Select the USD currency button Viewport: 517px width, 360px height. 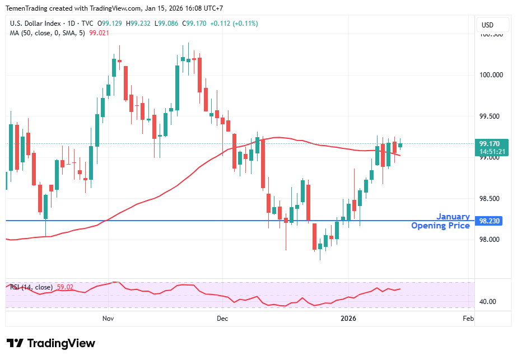[x=488, y=25]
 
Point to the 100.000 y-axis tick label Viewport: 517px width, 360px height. [x=491, y=75]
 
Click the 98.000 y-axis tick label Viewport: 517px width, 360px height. [x=491, y=240]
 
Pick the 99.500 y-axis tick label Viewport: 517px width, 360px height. [x=491, y=116]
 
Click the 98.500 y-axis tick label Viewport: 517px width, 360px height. [x=491, y=199]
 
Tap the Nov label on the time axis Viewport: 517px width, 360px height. [x=109, y=319]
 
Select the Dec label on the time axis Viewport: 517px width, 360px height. [x=222, y=319]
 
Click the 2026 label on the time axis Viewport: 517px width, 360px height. [x=349, y=319]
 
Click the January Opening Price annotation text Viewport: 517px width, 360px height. [x=441, y=221]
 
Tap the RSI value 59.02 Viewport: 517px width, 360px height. [x=65, y=287]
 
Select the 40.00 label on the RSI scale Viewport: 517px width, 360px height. [x=488, y=302]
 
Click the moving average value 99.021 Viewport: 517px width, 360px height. [x=99, y=33]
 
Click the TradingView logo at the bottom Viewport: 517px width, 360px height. [x=51, y=343]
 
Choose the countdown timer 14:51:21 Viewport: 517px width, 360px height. [x=493, y=151]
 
